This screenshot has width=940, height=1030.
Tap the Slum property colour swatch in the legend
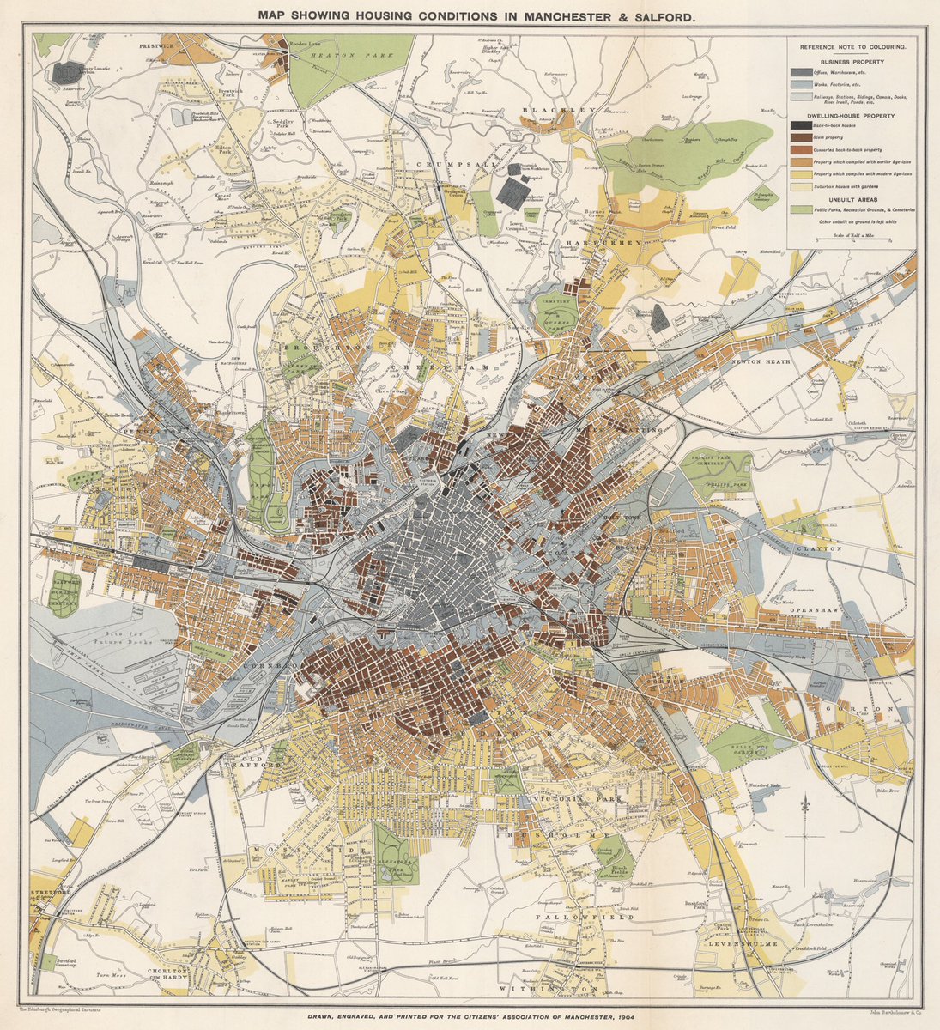click(x=800, y=136)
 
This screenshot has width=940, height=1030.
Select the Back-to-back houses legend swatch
click(x=800, y=125)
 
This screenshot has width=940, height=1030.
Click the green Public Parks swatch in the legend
click(x=800, y=208)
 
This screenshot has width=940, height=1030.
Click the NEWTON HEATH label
click(x=757, y=360)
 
